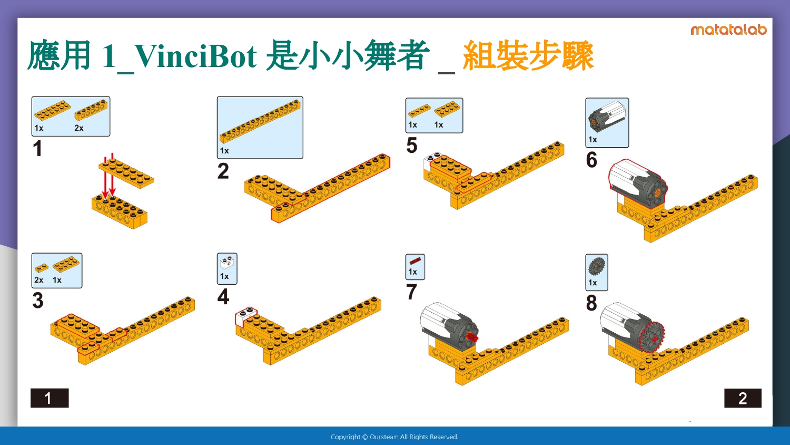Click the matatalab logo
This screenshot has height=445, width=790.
coord(728,30)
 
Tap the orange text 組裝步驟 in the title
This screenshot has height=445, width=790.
coord(528,56)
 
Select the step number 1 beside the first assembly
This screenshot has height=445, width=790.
coord(37,148)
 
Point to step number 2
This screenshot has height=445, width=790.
coord(223,171)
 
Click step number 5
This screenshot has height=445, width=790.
coord(412,145)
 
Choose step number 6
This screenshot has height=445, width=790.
coord(591,160)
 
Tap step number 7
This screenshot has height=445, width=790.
coord(411,292)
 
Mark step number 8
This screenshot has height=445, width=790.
coord(591,303)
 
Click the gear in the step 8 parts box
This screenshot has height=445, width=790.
coord(597,266)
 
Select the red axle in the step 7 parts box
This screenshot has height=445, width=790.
coord(415,261)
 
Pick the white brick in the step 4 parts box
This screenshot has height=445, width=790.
coord(227,263)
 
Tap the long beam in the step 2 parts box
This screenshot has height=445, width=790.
coord(260,121)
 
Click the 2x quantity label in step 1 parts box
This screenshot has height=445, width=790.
coord(78,128)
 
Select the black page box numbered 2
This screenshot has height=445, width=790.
coord(743,398)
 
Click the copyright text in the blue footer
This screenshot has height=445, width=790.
coord(394,437)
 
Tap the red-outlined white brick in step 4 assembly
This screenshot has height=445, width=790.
coord(246,316)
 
